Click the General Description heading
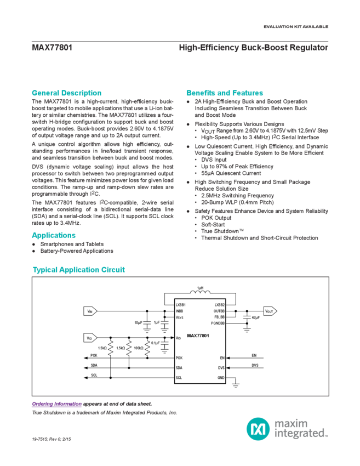click(x=66, y=93)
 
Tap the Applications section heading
click(x=53, y=235)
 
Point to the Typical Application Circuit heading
click(x=78, y=270)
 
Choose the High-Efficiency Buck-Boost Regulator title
click(x=254, y=48)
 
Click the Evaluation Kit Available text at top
click(x=295, y=27)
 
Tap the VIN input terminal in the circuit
click(x=90, y=311)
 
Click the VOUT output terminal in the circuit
click(x=268, y=311)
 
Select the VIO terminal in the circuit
click(x=90, y=337)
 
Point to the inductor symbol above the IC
click(x=200, y=289)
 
